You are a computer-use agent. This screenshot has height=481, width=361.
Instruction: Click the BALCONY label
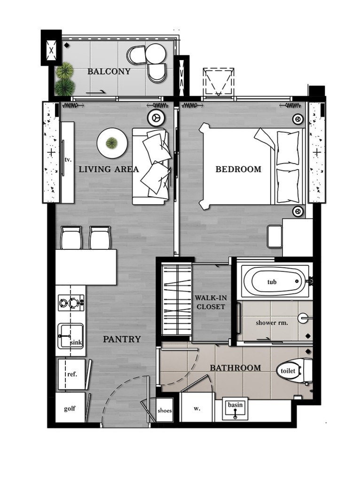tap(109, 72)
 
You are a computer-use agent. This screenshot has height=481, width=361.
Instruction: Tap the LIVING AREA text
tap(109, 169)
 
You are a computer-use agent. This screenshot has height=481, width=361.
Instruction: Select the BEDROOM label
tap(238, 169)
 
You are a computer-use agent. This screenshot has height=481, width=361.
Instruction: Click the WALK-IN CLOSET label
tap(210, 302)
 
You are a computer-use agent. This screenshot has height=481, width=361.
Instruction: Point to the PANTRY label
tap(122, 339)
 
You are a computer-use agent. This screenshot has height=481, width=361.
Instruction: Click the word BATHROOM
tap(235, 368)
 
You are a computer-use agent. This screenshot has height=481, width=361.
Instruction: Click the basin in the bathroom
tap(235, 409)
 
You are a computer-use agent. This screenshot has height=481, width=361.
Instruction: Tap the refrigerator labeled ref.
tap(71, 374)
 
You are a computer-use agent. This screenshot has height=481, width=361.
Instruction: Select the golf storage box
tap(70, 409)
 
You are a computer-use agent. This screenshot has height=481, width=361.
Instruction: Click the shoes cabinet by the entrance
tap(165, 410)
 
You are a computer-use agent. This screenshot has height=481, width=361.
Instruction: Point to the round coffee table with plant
tap(112, 142)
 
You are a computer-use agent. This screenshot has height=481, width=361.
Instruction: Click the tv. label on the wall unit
tap(68, 160)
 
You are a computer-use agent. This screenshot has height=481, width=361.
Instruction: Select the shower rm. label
tap(272, 323)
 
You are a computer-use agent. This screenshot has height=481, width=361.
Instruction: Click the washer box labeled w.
tap(197, 409)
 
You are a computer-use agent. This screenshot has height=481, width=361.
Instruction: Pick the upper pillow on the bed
tap(288, 147)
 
